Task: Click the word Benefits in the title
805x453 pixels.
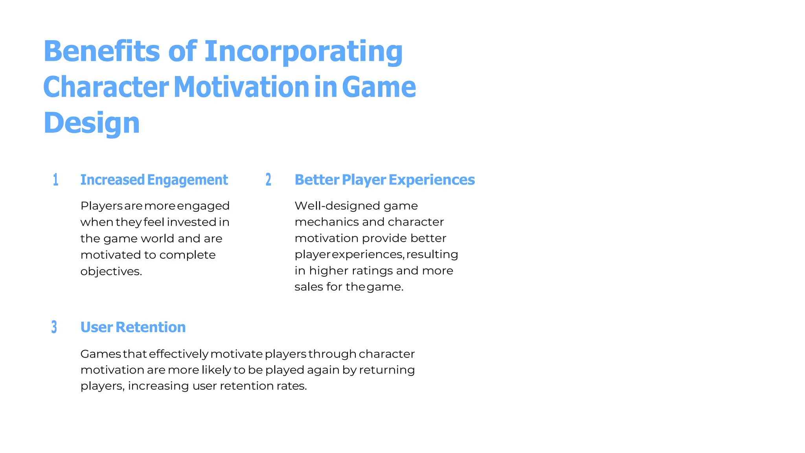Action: point(101,51)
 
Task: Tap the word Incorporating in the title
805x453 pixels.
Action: point(303,51)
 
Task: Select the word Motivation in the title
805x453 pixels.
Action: point(241,87)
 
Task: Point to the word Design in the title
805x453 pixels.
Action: point(92,123)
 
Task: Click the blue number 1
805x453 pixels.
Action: point(56,180)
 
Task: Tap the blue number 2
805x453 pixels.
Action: point(268,180)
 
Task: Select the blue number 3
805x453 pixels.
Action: point(54,327)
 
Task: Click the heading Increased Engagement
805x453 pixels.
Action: point(154,180)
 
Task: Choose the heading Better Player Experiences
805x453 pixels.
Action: point(384,180)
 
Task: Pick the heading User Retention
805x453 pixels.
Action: point(133,327)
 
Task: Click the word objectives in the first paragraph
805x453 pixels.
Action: point(111,272)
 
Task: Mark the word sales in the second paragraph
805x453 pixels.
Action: point(309,287)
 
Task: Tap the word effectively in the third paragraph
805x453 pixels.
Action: point(178,354)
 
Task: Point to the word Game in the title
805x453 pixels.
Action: point(379,87)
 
